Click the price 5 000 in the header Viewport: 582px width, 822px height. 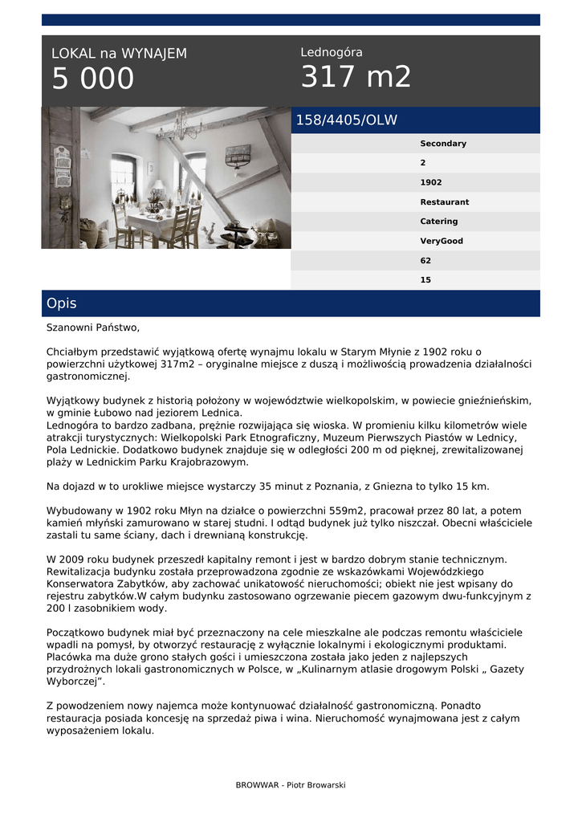(92, 79)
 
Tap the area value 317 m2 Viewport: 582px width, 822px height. (356, 77)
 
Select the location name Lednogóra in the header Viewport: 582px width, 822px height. (331, 52)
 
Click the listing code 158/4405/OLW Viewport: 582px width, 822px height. (346, 120)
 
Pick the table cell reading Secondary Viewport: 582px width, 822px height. (442, 144)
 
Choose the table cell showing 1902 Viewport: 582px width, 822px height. (431, 182)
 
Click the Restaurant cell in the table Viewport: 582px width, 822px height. (444, 202)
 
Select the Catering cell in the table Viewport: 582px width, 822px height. (438, 222)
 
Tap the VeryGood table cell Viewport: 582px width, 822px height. (441, 241)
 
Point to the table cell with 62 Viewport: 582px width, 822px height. (425, 260)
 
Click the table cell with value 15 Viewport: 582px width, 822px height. (425, 280)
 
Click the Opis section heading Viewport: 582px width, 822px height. (62, 303)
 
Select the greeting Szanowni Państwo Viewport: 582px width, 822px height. (93, 328)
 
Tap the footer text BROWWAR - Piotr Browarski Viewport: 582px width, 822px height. (291, 785)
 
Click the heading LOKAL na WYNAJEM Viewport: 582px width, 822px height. (119, 54)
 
